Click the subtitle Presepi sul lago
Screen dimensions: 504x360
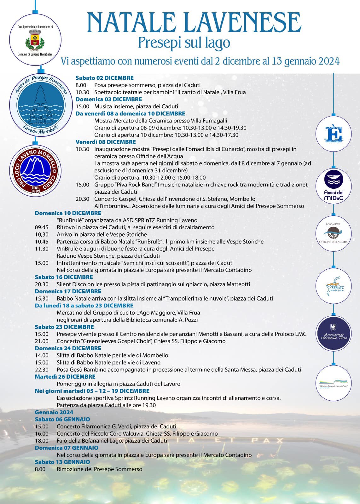click(x=184, y=43)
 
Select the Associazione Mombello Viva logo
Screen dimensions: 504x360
click(x=333, y=334)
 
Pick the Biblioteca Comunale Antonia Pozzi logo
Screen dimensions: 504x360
click(x=333, y=381)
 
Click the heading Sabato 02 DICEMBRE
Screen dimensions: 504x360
click(x=104, y=78)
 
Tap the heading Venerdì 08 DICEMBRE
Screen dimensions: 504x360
click(x=106, y=142)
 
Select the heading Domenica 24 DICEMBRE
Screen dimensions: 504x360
click(x=68, y=348)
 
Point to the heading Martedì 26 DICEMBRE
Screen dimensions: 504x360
click(x=65, y=376)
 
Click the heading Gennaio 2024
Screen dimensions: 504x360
click(x=54, y=412)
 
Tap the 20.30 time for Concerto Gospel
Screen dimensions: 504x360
click(x=82, y=199)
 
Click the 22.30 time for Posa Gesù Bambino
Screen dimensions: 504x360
click(x=42, y=369)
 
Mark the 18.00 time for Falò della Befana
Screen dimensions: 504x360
click(x=42, y=441)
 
